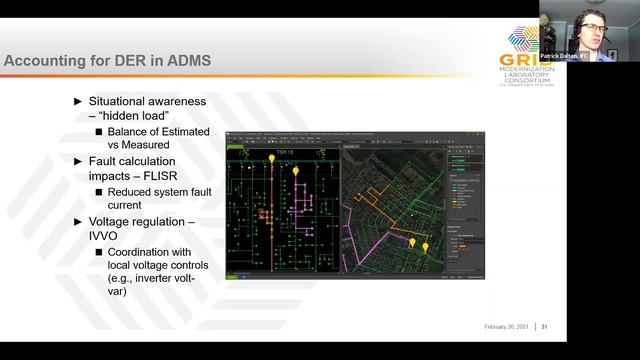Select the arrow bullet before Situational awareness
tap(80, 101)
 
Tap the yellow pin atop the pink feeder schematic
tap(295, 176)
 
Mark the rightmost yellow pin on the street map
tap(425, 245)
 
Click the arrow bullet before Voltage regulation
tap(80, 220)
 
